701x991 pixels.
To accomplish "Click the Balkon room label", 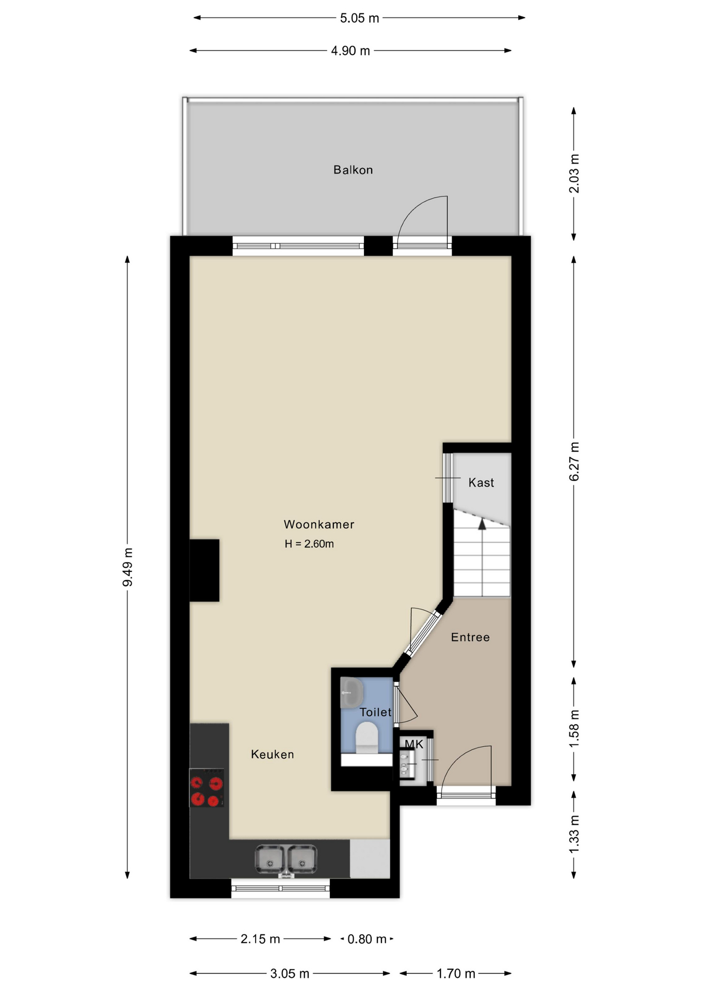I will click(x=353, y=170).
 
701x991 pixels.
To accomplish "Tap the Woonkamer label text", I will click(x=318, y=524).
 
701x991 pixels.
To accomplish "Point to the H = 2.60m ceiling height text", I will click(x=309, y=544).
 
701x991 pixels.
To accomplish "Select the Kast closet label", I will click(x=481, y=483).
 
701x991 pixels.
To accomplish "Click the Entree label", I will click(x=470, y=637).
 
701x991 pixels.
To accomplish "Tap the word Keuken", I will click(x=272, y=754).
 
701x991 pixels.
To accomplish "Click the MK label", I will click(x=413, y=744).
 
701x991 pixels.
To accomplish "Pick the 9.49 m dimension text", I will click(x=128, y=567).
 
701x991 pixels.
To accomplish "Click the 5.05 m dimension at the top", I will click(x=359, y=18).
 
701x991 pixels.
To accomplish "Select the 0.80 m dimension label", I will click(x=367, y=939).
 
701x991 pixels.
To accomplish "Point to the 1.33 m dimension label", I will click(x=574, y=834).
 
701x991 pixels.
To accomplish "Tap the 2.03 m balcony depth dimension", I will click(x=574, y=173).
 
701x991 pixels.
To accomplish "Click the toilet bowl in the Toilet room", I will click(x=367, y=736).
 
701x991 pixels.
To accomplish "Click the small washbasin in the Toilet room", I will click(x=352, y=693).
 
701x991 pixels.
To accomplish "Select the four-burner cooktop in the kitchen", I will click(x=206, y=788).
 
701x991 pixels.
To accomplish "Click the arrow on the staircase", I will click(x=482, y=524).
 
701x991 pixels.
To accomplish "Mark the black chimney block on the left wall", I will click(x=204, y=570).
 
